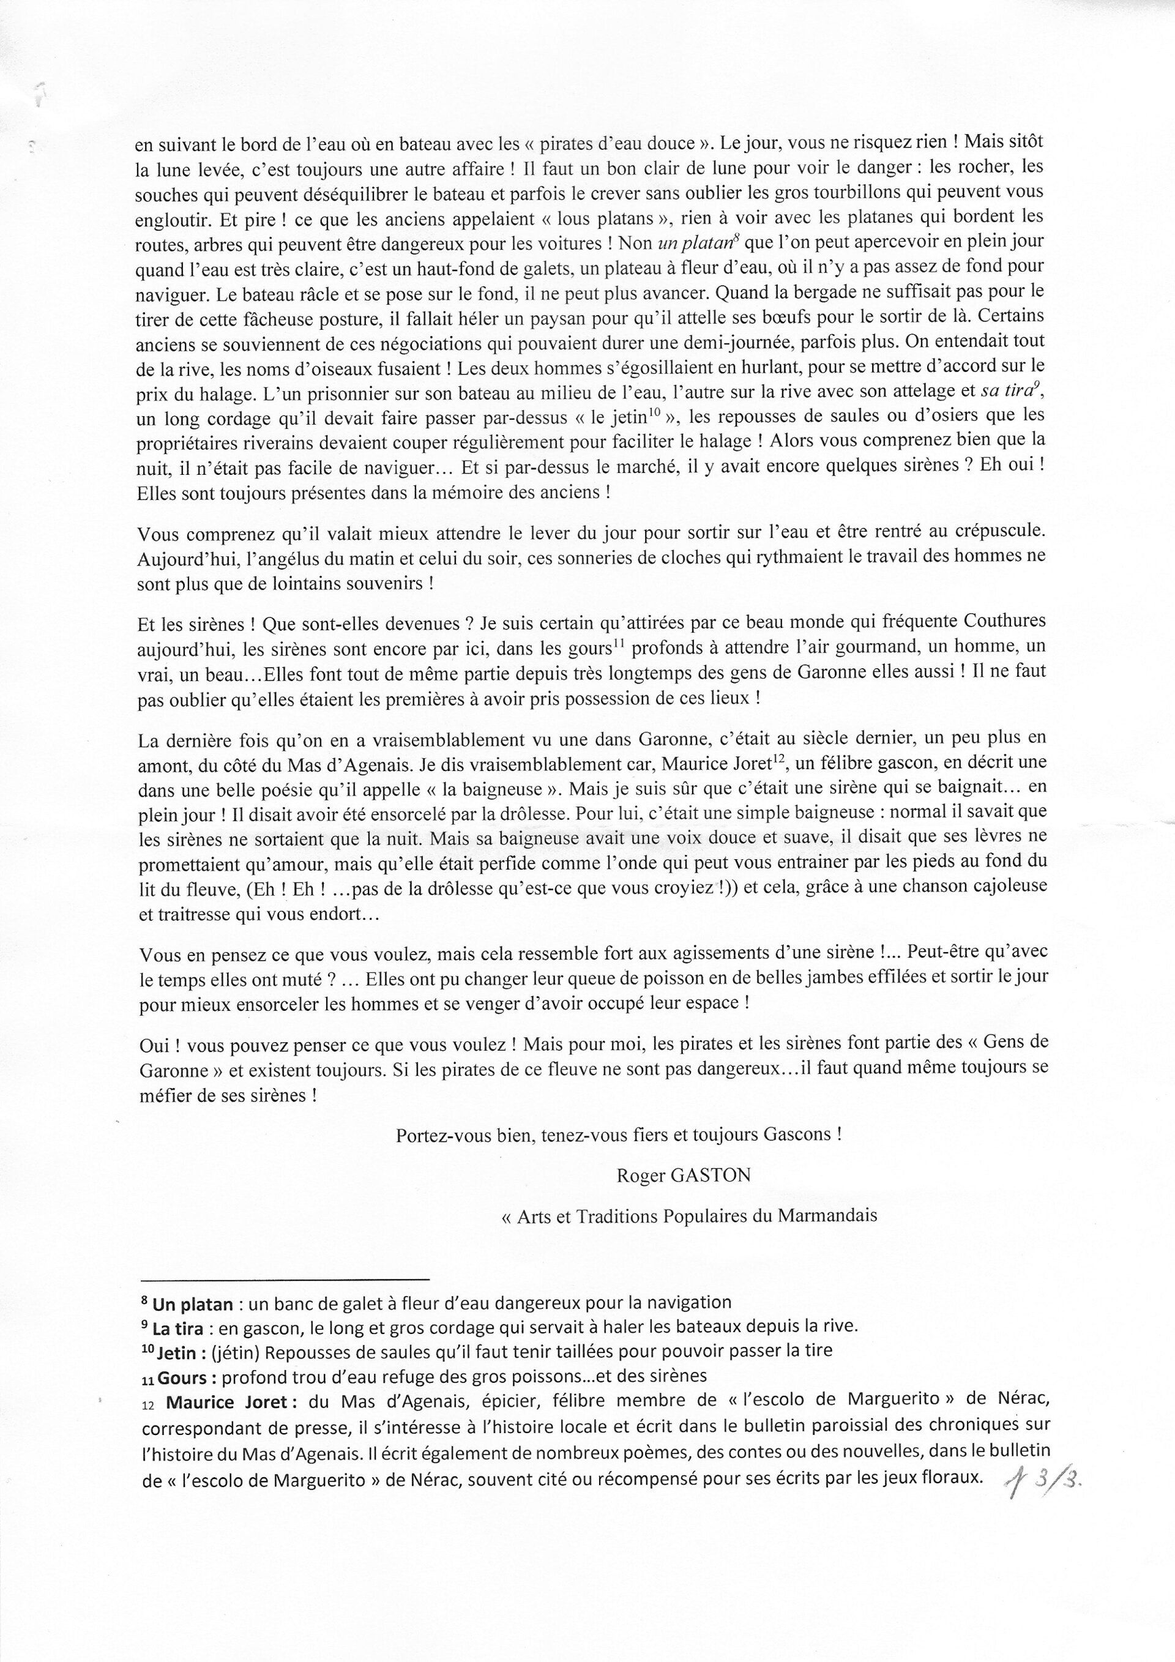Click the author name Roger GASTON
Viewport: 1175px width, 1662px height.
(683, 1176)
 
